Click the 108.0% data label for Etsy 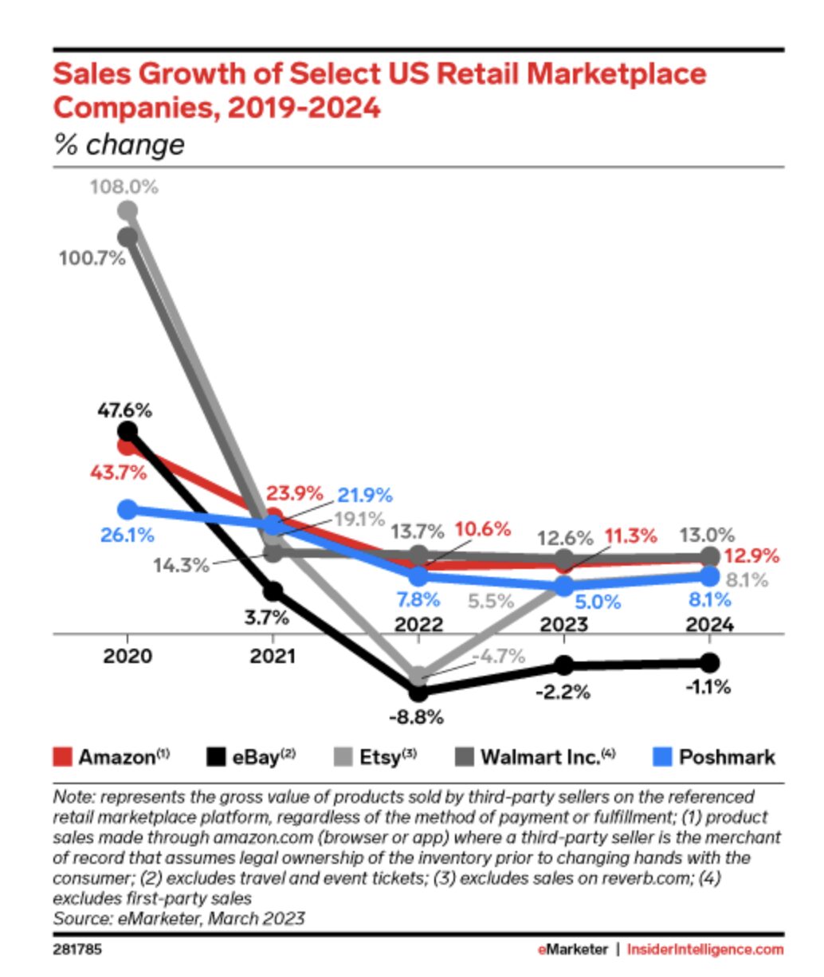pyautogui.click(x=124, y=187)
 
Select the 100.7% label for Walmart pyautogui.click(x=92, y=258)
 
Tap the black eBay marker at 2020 pyautogui.click(x=127, y=431)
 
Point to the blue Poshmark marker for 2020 pyautogui.click(x=127, y=509)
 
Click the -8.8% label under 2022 pyautogui.click(x=416, y=717)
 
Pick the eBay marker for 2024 pyautogui.click(x=709, y=662)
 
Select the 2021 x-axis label pyautogui.click(x=273, y=657)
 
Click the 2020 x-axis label pyautogui.click(x=127, y=657)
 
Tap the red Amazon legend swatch pyautogui.click(x=62, y=756)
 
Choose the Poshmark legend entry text pyautogui.click(x=726, y=756)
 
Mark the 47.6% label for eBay pyautogui.click(x=124, y=411)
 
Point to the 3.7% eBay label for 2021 pyautogui.click(x=266, y=617)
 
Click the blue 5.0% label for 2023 pyautogui.click(x=598, y=602)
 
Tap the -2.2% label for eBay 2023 pyautogui.click(x=563, y=692)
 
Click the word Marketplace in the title pyautogui.click(x=617, y=74)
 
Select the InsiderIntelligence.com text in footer pyautogui.click(x=704, y=949)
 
